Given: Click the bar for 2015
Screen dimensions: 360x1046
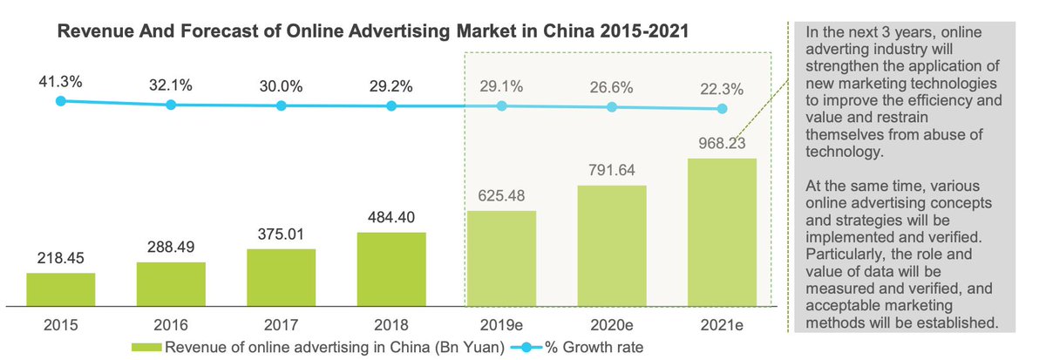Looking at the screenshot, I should (60, 289).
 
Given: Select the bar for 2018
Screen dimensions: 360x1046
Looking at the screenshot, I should (391, 269).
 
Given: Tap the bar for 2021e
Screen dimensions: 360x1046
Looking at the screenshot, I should (722, 232).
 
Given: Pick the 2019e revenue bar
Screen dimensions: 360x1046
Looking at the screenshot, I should (501, 258).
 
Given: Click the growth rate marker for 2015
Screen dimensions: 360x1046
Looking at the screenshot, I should (60, 101).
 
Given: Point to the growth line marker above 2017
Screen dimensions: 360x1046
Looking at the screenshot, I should (281, 105).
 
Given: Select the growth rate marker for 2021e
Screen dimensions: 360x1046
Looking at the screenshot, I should (722, 109).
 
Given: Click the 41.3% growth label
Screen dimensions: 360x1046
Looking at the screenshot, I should (60, 82).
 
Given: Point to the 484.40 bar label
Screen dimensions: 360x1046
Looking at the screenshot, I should (391, 218).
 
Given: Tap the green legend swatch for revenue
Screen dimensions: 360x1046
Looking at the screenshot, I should (145, 347).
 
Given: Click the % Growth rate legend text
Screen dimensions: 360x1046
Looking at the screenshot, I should (595, 347).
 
